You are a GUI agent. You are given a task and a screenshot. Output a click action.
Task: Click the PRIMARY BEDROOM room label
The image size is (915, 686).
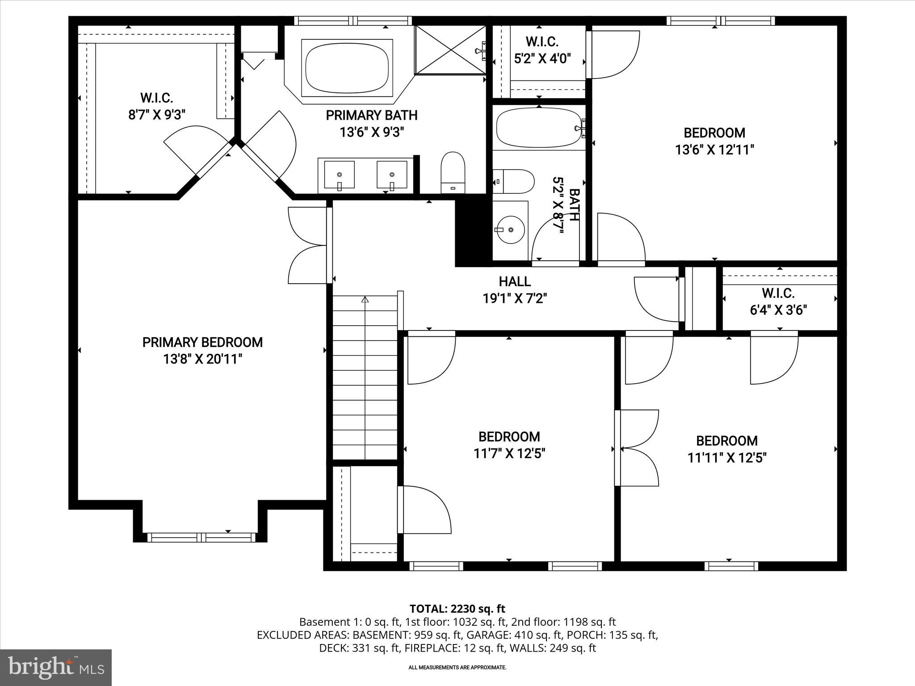tap(202, 343)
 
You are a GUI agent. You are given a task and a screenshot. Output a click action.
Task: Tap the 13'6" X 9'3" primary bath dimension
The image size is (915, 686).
tap(372, 132)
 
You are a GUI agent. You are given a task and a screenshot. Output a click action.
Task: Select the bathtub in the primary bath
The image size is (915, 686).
tap(347, 68)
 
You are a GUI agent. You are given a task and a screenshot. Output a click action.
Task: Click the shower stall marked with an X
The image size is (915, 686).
tap(450, 50)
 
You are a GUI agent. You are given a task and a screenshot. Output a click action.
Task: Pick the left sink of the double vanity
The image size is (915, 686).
tap(339, 175)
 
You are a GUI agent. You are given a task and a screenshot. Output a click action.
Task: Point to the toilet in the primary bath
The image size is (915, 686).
tap(453, 173)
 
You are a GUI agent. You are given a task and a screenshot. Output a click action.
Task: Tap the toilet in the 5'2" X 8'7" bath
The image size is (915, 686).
tap(514, 181)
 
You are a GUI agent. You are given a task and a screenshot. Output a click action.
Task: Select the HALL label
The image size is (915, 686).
tap(515, 281)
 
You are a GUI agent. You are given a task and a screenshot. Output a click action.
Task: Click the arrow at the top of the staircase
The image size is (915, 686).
tap(365, 300)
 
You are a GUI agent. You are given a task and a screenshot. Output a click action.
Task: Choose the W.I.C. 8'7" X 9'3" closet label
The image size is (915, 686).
tap(156, 106)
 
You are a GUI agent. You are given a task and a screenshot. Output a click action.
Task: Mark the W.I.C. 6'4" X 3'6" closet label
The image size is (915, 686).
tap(778, 301)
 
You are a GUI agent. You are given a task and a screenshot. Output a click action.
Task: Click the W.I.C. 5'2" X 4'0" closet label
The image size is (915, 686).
tap(542, 50)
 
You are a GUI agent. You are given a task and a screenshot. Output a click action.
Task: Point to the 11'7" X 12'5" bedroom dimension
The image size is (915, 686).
tap(509, 454)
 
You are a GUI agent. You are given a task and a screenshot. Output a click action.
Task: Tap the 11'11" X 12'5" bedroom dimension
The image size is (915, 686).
tap(727, 458)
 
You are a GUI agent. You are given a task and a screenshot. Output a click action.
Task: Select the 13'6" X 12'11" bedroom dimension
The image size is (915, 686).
tap(714, 150)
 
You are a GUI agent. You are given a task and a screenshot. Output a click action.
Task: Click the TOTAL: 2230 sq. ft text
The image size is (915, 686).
tap(457, 609)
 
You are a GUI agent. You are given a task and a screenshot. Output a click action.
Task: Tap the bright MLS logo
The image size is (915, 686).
tap(56, 667)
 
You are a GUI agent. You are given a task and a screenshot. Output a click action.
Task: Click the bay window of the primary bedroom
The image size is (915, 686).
tap(201, 537)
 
